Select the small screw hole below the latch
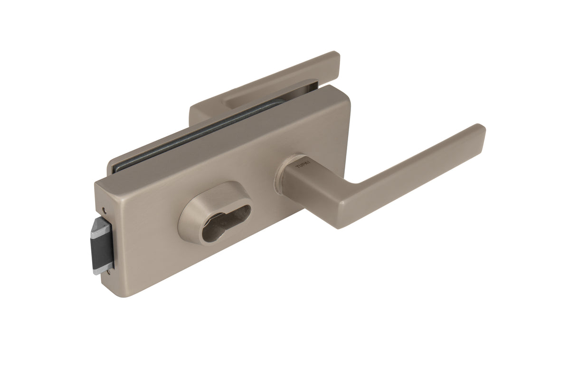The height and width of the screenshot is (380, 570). (x=111, y=271)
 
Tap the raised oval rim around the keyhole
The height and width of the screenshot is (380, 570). (x=190, y=214)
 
